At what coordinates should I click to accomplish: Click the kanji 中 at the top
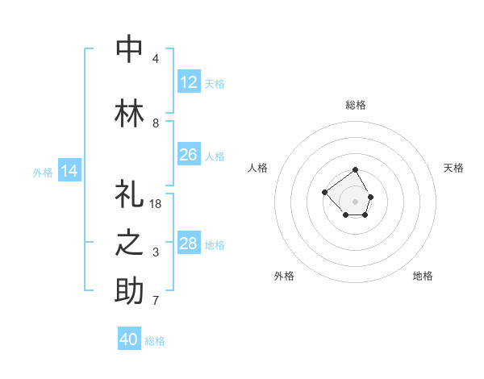[x=130, y=48]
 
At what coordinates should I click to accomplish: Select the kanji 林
[x=130, y=113]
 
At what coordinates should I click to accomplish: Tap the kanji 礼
[x=130, y=194]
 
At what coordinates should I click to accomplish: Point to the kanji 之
[x=130, y=244]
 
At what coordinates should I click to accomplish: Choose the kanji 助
[x=130, y=291]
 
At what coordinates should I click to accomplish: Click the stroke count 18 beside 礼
[x=156, y=204]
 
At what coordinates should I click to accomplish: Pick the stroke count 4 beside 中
[x=156, y=59]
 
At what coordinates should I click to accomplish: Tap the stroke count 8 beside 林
[x=156, y=123]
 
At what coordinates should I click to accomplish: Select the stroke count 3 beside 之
[x=156, y=253]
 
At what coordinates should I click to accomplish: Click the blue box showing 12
[x=188, y=82]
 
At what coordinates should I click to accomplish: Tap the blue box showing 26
[x=188, y=155]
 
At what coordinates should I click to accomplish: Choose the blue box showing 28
[x=188, y=244]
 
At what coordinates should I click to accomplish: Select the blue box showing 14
[x=69, y=171]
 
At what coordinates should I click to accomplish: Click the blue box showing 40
[x=129, y=339]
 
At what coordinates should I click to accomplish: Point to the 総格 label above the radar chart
[x=356, y=105]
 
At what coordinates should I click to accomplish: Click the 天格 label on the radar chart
[x=453, y=168]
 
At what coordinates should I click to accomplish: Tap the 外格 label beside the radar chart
[x=284, y=276]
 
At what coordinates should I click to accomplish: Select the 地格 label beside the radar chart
[x=423, y=276]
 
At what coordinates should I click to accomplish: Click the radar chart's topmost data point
[x=356, y=170]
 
